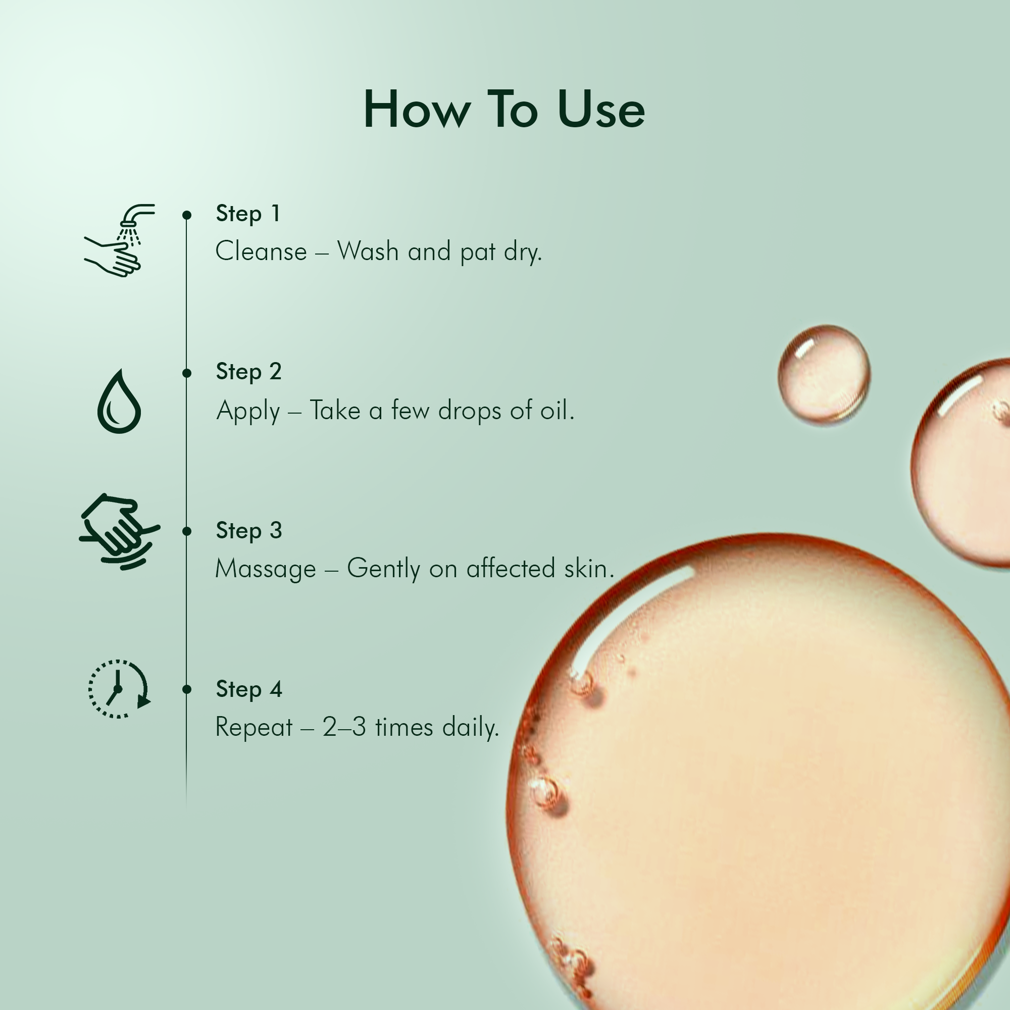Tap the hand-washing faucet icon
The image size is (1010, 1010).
coord(120,240)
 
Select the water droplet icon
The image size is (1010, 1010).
coord(119,401)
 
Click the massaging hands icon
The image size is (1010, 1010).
coord(120,531)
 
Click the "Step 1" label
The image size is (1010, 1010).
coord(248,214)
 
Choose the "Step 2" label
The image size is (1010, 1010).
coord(249,373)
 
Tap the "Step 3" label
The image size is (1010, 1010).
coord(249,531)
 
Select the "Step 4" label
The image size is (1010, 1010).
coord(249,689)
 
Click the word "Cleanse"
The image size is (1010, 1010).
coord(262,251)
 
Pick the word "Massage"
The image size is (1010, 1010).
coord(266,569)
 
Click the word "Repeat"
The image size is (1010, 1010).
coord(254,728)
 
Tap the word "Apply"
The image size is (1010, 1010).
coord(248,411)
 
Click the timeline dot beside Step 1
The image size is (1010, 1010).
coord(187,215)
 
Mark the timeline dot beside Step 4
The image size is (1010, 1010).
coord(187,689)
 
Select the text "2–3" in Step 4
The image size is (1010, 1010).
coord(344,727)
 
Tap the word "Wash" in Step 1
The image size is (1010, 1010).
coord(368,251)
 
